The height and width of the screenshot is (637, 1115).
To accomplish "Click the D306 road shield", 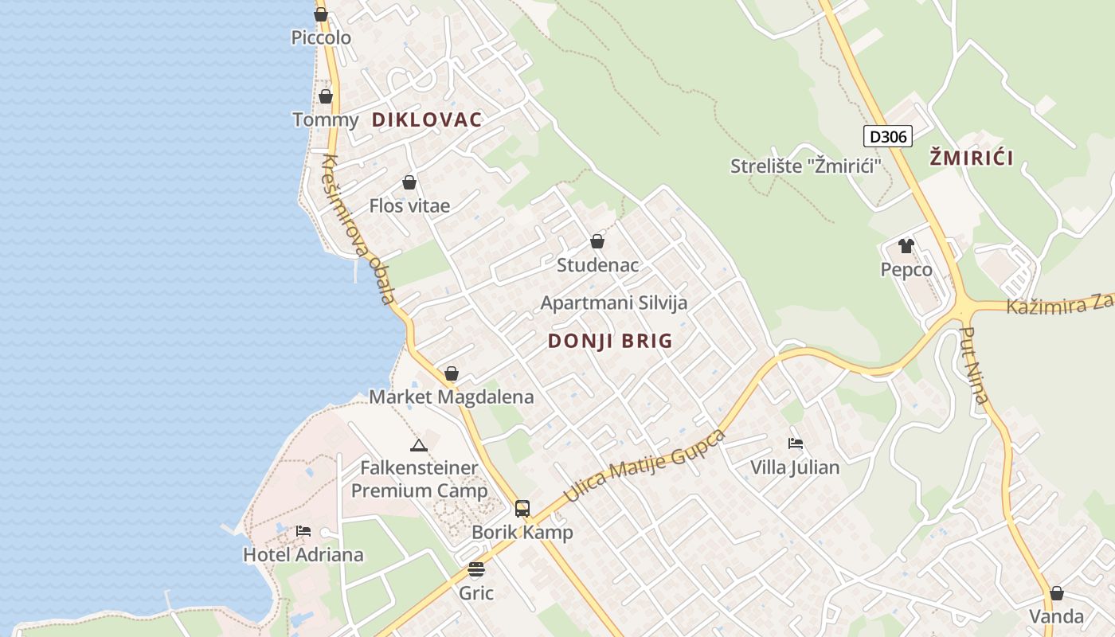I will (x=887, y=136).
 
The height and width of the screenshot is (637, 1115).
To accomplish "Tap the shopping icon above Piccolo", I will (x=321, y=14).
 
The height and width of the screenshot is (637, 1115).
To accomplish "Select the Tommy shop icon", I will (x=326, y=96).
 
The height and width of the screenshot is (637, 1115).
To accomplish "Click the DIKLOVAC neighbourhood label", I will (x=427, y=120).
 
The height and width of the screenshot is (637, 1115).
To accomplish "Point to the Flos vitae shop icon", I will (x=409, y=182).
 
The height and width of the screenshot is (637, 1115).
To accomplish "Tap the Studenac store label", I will (x=597, y=264).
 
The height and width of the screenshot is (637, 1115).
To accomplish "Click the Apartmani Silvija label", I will (x=613, y=303).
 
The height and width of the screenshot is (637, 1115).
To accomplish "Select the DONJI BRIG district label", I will (x=610, y=341).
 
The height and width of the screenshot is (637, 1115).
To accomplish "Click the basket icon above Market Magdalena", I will (x=452, y=373).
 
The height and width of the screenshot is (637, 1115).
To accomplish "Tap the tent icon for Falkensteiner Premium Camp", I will (x=419, y=444).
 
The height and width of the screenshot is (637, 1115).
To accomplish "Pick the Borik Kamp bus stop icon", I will (x=522, y=508).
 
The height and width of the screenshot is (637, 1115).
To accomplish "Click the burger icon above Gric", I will (x=476, y=569).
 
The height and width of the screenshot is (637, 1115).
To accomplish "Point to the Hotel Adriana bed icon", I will (x=303, y=530).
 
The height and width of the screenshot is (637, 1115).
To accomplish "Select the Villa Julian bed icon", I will (x=795, y=443).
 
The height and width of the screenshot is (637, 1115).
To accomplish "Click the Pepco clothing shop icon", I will (x=906, y=246).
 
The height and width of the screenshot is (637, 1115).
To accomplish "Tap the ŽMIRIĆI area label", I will (x=971, y=158).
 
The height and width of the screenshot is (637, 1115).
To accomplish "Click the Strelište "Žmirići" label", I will (x=806, y=166).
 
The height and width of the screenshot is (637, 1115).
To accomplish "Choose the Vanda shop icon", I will (x=1056, y=593).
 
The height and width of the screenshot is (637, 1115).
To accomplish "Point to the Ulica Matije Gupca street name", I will (x=645, y=467).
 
